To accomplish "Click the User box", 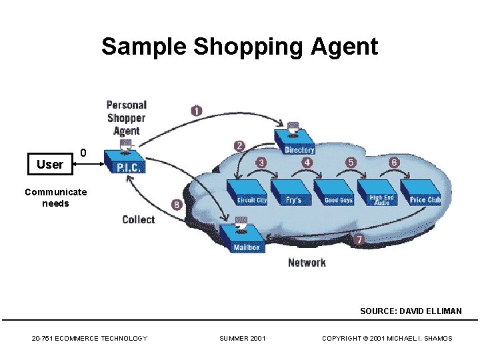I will pos(50,164).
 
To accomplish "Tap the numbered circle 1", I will pos(196,111).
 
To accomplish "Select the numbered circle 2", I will pos(239,145).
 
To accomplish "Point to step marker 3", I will pos(261,163).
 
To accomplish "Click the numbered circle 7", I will pos(359,239).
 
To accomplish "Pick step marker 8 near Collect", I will pos(176,205).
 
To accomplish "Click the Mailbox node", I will pos(245,241).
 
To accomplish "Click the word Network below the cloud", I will pos(307,263).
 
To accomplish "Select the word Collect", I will pos(138,220).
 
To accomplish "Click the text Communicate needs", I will pos(55,197).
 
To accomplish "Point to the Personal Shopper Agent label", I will pos(127,117).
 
